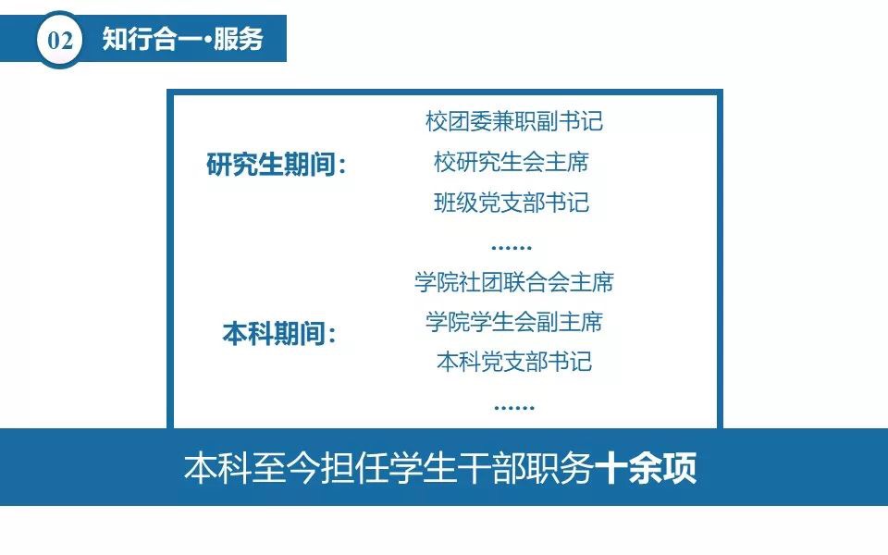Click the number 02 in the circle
60,40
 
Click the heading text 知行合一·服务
183,39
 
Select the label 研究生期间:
277,165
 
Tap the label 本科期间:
278,333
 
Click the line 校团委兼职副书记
514,121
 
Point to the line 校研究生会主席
512,162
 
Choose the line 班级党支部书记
512,203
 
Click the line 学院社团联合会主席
514,282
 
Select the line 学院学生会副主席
514,322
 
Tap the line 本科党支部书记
514,362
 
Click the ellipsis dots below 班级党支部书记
512,248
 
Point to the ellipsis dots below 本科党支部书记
514,407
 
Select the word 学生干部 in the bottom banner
457,468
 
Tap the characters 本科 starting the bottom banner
216,468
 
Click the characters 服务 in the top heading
239,39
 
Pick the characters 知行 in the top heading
128,39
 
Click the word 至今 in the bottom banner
286,468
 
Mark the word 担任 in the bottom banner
354,468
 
